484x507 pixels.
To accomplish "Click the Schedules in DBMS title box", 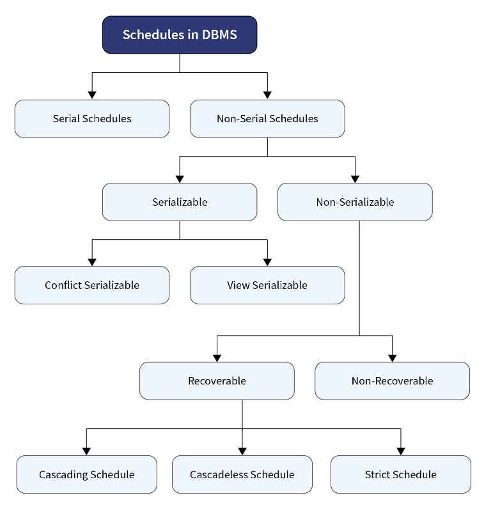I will tap(180, 35).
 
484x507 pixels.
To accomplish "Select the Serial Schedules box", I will tap(92, 119).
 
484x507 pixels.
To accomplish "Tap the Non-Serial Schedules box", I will tap(267, 119).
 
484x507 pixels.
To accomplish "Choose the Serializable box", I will tap(180, 202).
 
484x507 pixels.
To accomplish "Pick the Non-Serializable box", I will tap(355, 202).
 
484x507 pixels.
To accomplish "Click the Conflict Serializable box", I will tap(92, 285).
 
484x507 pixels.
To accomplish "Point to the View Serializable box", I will tap(267, 285).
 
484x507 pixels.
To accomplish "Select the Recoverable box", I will tap(217, 381).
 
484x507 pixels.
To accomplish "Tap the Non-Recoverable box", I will tap(392, 381).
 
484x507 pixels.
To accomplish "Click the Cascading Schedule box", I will tap(86, 474).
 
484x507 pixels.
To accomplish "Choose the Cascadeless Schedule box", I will tap(242, 474).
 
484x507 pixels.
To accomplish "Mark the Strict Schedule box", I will tap(401, 474).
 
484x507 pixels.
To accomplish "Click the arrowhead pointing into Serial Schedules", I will tap(92, 95).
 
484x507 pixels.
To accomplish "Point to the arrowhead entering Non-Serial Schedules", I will tap(267, 95).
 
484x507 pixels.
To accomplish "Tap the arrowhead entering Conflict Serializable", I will tap(92, 262).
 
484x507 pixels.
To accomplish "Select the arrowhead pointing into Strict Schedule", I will tap(401, 451).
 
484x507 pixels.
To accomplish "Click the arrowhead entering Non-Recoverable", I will tap(392, 358).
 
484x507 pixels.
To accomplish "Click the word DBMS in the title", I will tap(219, 35).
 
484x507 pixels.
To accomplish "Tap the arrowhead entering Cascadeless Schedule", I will tap(242, 451).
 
